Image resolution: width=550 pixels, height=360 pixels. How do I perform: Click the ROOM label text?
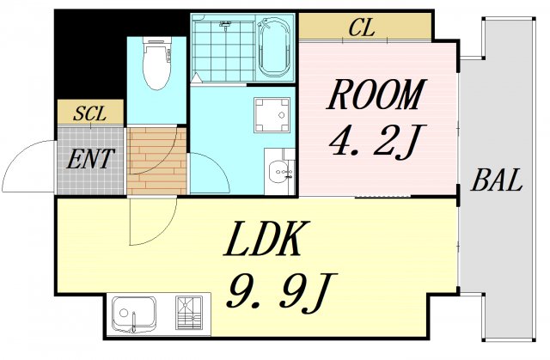pos(376,95)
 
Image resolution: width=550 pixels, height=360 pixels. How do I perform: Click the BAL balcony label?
pos(497,181)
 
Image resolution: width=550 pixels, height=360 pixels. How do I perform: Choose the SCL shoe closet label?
pos(89,113)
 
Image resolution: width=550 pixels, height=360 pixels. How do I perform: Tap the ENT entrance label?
pos(90,159)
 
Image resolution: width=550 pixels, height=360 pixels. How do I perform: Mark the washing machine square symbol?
pos(272,115)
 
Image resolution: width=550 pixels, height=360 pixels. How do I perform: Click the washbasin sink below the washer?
pos(280,171)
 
